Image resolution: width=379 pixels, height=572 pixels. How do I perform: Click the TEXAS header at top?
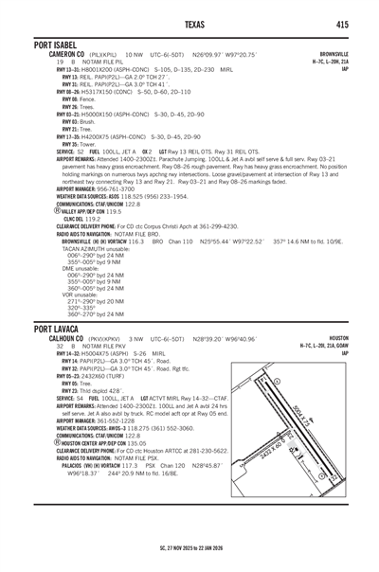coord(190,24)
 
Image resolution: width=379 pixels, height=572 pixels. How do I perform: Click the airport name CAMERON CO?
coord(55,56)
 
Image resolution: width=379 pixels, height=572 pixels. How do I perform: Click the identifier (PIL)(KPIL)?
coord(100,56)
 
